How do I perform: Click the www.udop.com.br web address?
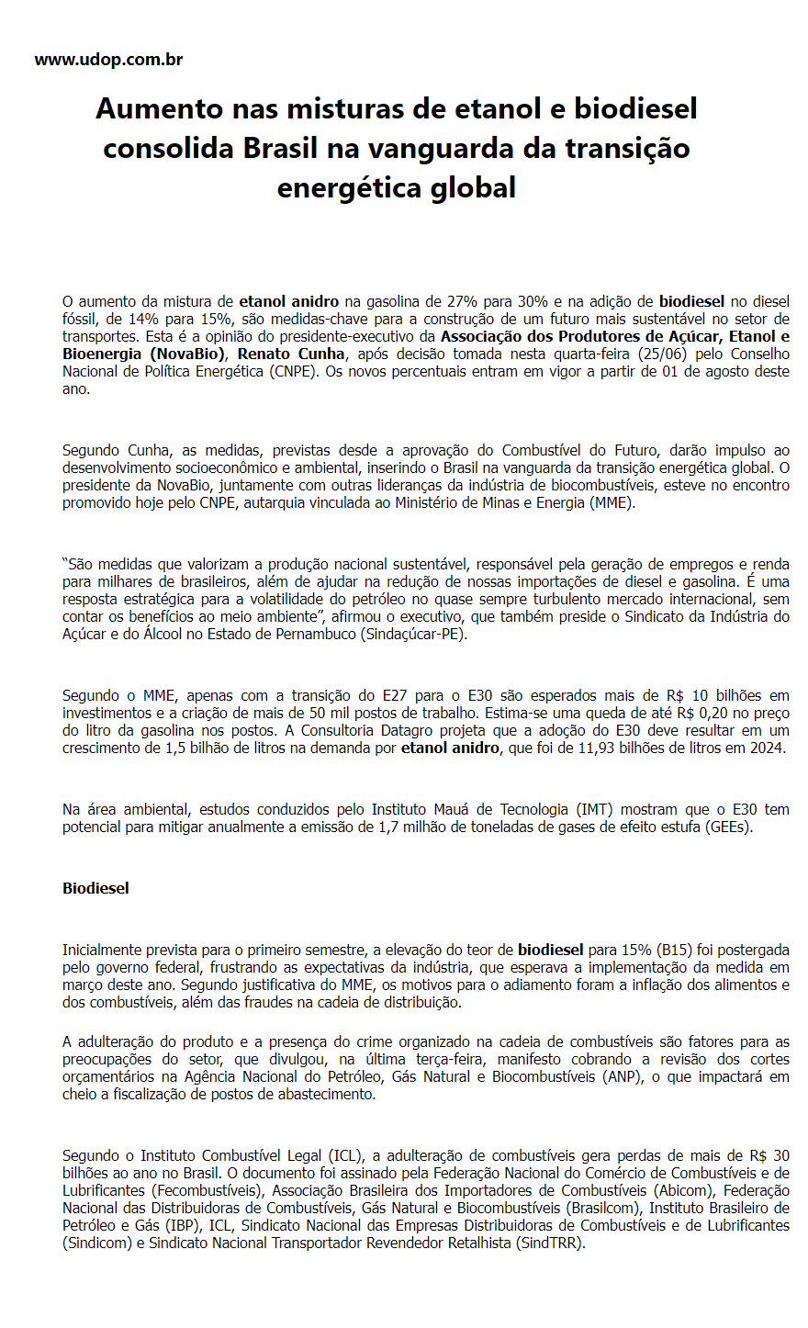point(108,60)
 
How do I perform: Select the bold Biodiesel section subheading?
point(95,888)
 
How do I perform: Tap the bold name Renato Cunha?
point(292,354)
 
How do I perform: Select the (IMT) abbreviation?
point(595,809)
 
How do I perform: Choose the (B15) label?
point(673,950)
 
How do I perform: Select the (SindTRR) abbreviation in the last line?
point(550,1243)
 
